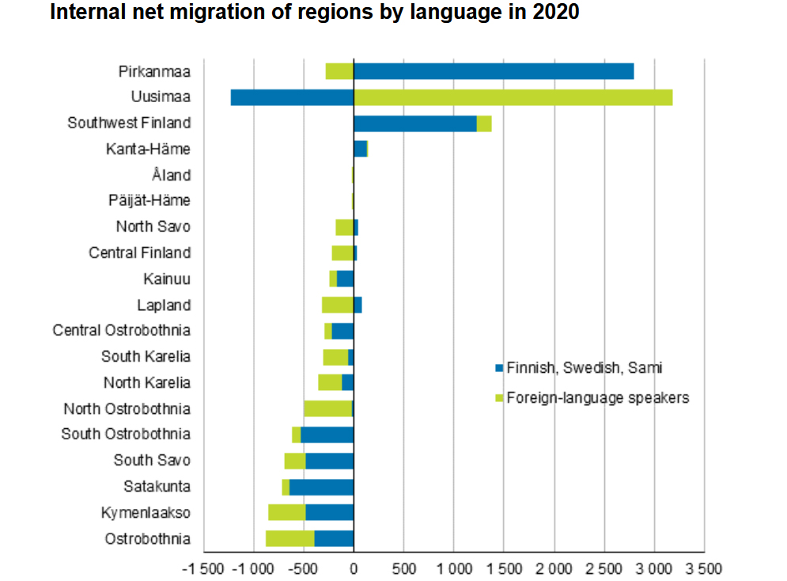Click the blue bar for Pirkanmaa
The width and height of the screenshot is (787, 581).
(x=494, y=71)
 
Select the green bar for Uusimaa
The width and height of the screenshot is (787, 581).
(x=513, y=97)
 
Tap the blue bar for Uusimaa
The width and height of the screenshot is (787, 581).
(x=292, y=97)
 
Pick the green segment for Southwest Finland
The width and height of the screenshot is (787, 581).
(x=484, y=123)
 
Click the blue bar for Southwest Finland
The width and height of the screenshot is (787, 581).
(x=414, y=123)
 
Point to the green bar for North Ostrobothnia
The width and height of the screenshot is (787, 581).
(x=327, y=408)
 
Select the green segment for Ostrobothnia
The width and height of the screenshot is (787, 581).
(x=289, y=538)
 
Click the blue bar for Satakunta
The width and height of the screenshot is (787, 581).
(x=321, y=487)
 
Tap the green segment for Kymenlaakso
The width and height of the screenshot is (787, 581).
(x=286, y=512)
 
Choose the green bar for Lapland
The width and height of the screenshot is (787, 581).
(x=337, y=305)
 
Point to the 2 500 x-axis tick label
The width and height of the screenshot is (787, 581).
(x=604, y=568)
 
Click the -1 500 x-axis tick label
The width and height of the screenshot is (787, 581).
(x=203, y=568)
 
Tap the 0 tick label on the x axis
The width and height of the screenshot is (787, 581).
(x=354, y=568)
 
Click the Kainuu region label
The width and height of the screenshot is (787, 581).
(x=167, y=279)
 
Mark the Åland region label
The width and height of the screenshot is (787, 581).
(x=171, y=175)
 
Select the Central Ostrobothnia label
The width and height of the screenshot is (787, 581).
(x=122, y=330)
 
